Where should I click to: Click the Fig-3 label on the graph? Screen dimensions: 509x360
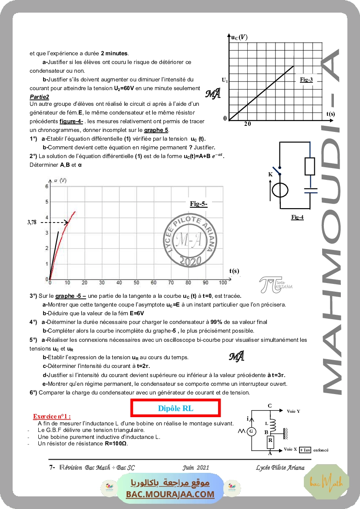point(306,79)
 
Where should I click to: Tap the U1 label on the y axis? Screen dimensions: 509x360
point(225,80)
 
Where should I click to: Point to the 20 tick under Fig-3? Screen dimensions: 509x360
point(247,124)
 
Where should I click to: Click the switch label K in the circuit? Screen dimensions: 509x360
point(270,174)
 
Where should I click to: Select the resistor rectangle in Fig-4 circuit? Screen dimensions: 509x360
point(310,166)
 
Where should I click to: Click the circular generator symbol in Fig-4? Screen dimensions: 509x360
point(279,191)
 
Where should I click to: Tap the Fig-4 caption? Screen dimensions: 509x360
point(297,217)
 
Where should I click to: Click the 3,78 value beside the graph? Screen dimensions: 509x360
point(32,222)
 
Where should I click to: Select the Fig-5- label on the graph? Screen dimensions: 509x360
point(199,203)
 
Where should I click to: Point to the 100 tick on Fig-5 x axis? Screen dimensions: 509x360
point(222,283)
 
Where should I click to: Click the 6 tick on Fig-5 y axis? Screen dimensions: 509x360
point(47,186)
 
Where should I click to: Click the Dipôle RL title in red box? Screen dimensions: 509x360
point(175,408)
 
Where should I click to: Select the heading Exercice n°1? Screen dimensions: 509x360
point(52,417)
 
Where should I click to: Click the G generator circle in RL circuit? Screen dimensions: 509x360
point(251,431)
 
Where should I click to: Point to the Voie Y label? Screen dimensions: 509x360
point(293,411)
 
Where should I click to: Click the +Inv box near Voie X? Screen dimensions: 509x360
point(305,450)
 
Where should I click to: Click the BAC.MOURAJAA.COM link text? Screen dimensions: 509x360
point(170,494)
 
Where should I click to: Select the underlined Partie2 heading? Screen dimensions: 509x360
point(39,97)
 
